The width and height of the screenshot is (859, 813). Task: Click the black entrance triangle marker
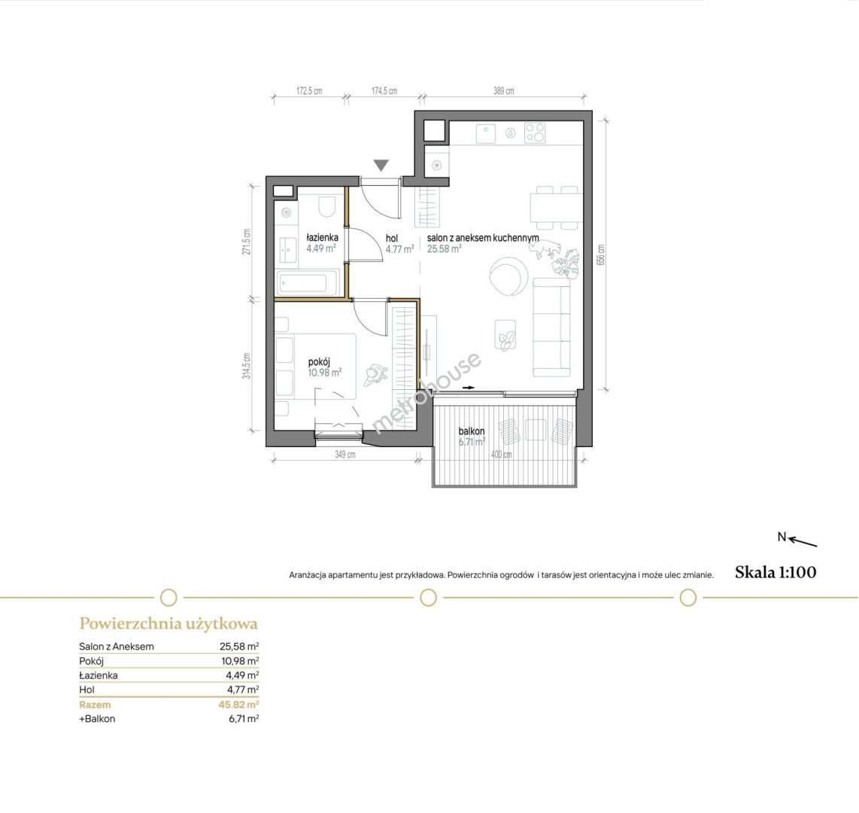381,165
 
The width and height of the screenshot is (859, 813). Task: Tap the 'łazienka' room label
322,237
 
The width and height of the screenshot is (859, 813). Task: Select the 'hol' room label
392,239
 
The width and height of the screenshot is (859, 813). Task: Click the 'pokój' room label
320,362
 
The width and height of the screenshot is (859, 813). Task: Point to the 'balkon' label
472,431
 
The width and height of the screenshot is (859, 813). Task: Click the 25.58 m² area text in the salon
445,248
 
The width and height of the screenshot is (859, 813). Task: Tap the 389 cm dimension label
503,91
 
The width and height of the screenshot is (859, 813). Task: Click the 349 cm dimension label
345,455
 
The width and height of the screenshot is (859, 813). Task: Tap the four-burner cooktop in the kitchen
536,133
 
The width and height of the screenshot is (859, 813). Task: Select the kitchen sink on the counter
486,133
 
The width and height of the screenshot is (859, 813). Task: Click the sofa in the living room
551,327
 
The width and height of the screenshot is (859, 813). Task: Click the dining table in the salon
554,208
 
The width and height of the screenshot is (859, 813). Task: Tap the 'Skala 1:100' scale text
776,572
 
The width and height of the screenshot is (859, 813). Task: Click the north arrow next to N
803,542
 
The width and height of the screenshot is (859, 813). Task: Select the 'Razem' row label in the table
95,705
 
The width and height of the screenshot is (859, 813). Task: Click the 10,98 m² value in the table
240,661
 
